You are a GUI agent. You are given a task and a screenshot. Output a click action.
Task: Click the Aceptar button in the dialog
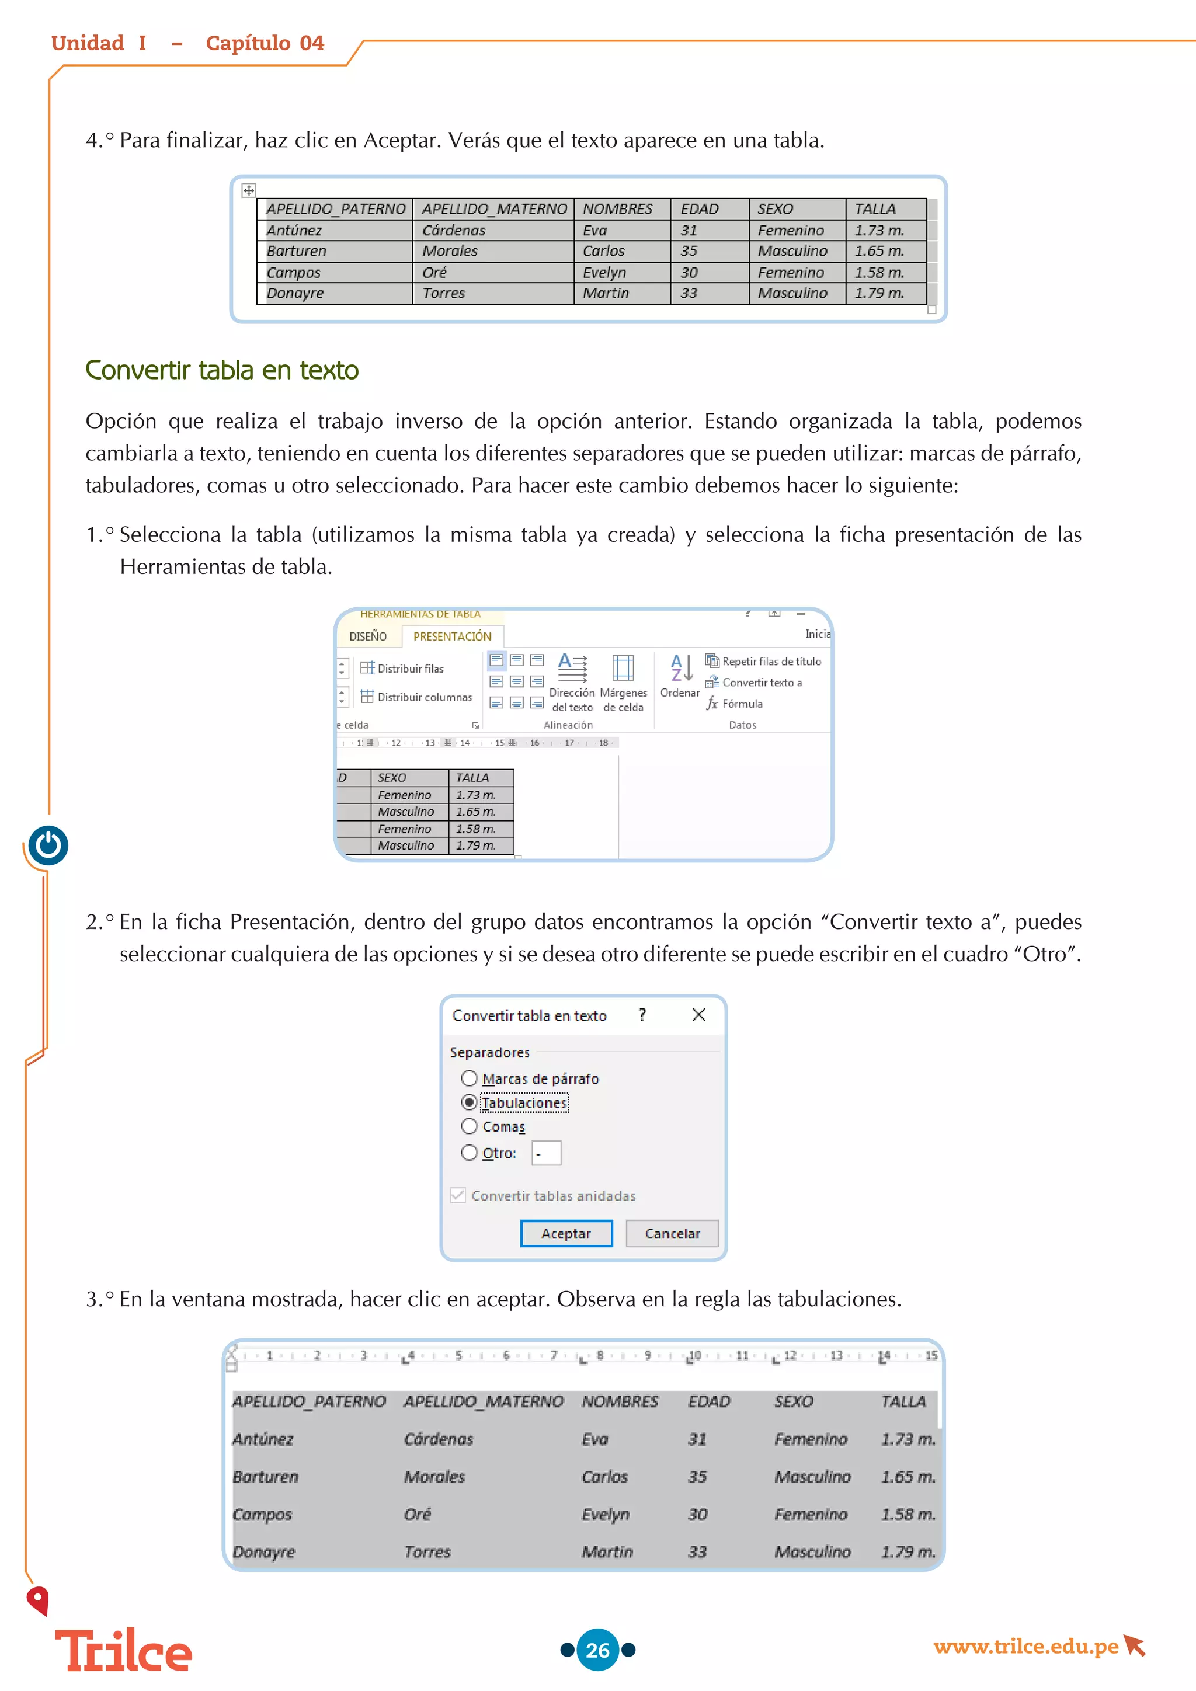[566, 1234]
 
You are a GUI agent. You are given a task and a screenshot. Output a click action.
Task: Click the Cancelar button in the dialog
[672, 1234]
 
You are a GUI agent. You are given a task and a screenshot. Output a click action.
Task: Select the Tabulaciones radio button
[469, 1102]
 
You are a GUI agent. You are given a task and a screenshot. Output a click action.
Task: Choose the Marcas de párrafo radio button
[469, 1078]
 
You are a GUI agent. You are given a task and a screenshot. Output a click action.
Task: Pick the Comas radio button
[469, 1126]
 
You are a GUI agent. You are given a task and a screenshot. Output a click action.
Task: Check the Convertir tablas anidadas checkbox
[458, 1195]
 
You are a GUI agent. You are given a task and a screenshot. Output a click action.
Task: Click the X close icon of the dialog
[699, 1015]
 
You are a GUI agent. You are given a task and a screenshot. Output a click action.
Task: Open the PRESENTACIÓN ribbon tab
[451, 636]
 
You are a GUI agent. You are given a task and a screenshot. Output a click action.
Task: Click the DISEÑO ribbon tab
[367, 636]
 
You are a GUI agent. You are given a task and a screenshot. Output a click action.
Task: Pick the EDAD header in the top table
[699, 209]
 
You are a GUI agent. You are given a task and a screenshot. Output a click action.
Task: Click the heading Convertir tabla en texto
[222, 370]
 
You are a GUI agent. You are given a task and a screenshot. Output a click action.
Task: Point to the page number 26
[597, 1650]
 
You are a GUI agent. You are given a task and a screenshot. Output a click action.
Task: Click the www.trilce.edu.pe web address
[1025, 1647]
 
